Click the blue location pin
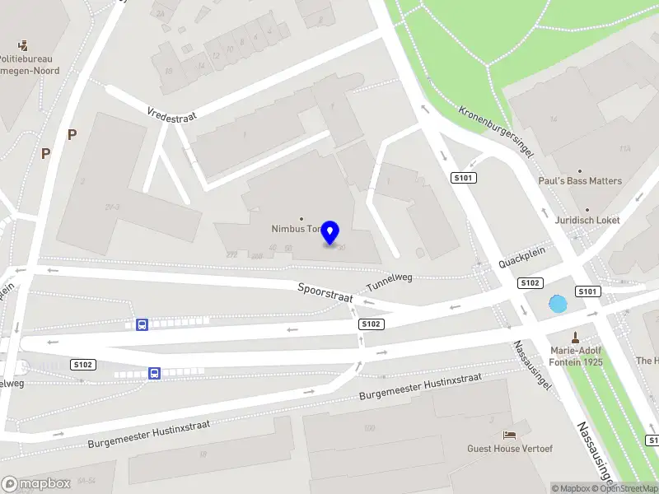pos(330,233)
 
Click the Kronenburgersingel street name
pos(497,131)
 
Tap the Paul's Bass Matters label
pos(580,181)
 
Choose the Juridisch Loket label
pos(587,221)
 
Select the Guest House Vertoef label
pos(510,449)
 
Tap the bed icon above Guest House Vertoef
pos(510,434)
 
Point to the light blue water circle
pos(559,304)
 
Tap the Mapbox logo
pos(35,484)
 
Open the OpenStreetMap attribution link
pos(627,488)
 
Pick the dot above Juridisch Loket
pos(587,209)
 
